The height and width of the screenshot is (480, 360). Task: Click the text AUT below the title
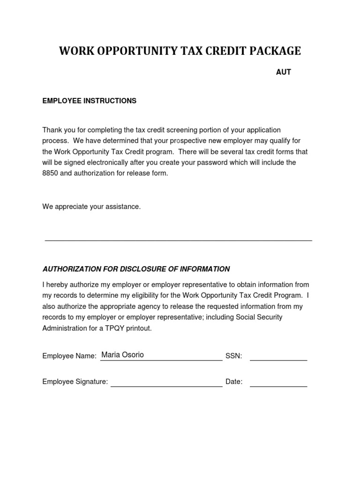pos(283,72)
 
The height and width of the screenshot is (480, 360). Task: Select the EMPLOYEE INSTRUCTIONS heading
pos(90,101)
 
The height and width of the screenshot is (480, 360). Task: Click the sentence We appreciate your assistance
pos(91,207)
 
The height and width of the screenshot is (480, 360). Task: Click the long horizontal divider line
pos(178,240)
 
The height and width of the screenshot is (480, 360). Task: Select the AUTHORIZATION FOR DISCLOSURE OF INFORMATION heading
pos(136,269)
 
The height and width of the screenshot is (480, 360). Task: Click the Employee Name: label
pos(69,356)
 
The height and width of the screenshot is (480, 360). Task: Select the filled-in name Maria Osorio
pos(122,355)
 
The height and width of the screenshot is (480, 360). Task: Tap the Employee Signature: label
pos(75,382)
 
